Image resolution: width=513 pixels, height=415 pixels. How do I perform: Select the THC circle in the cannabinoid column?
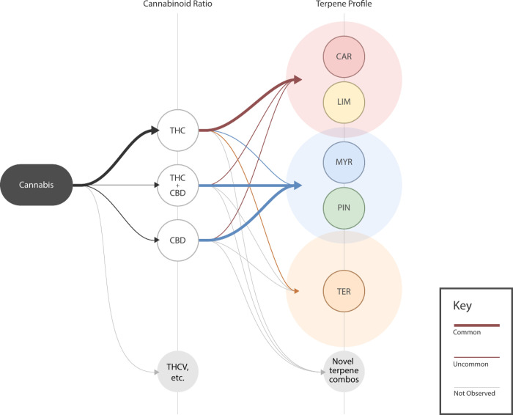point(178,130)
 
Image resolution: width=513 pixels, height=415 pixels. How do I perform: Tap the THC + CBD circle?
point(178,185)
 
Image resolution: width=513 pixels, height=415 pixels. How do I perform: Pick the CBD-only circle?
point(178,240)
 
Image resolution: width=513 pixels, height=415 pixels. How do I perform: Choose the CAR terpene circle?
point(344,56)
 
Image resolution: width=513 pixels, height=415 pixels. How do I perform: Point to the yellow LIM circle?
point(344,102)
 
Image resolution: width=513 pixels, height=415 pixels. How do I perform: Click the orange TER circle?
point(344,292)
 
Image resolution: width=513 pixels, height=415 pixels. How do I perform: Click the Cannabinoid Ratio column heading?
point(178,6)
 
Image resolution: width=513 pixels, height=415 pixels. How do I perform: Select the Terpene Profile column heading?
point(344,6)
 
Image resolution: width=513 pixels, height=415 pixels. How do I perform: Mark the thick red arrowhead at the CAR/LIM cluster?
point(298,78)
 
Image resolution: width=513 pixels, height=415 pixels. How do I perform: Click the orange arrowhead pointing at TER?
point(296,292)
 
